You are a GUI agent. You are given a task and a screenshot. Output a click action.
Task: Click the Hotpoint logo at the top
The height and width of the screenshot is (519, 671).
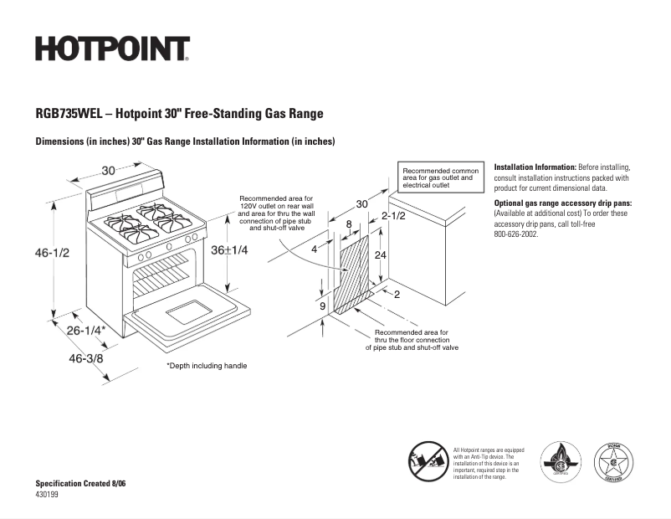pyautogui.click(x=112, y=49)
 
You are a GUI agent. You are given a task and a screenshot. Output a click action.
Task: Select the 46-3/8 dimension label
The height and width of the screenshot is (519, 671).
pyautogui.click(x=86, y=358)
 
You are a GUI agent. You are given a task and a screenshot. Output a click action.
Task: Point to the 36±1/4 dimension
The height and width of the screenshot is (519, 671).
pyautogui.click(x=228, y=250)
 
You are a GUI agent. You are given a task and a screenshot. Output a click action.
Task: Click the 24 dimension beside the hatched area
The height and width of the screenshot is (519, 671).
pyautogui.click(x=380, y=255)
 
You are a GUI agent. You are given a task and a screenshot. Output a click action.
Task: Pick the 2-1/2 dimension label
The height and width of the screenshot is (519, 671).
pyautogui.click(x=393, y=216)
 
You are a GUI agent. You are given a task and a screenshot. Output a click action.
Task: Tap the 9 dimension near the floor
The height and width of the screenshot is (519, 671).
pyautogui.click(x=323, y=306)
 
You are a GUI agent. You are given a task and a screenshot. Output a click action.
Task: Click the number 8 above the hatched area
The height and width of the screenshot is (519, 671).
pyautogui.click(x=349, y=224)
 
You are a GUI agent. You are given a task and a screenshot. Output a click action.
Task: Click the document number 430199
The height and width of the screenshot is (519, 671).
pyautogui.click(x=47, y=495)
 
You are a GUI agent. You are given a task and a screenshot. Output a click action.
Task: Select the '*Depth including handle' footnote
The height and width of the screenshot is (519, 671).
pyautogui.click(x=207, y=366)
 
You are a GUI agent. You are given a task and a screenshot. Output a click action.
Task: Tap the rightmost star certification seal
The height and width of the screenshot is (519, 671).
pyautogui.click(x=613, y=461)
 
